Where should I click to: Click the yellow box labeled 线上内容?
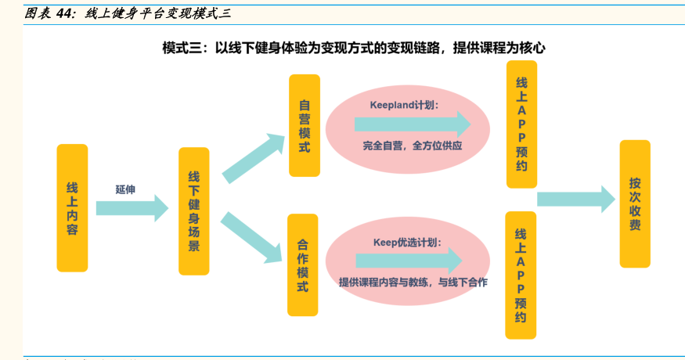tap(72, 207)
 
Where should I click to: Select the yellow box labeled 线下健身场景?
tap(194, 211)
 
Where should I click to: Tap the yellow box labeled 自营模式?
tap(304, 125)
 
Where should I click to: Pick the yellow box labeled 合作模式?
tap(303, 265)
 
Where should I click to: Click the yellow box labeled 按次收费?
tap(635, 203)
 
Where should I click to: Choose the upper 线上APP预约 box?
tap(521, 124)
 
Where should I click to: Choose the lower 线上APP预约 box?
tap(521, 275)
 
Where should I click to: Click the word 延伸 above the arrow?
tap(125, 189)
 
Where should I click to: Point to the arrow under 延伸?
tap(132, 207)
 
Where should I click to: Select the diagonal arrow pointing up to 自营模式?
tap(252, 157)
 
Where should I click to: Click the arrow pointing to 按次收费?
tap(575, 198)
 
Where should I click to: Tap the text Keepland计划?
tap(404, 104)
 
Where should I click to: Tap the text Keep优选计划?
tap(407, 242)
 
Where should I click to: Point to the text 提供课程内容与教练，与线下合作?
tap(413, 282)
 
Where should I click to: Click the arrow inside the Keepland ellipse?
tap(412, 124)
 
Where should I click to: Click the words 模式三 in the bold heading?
tap(182, 48)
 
